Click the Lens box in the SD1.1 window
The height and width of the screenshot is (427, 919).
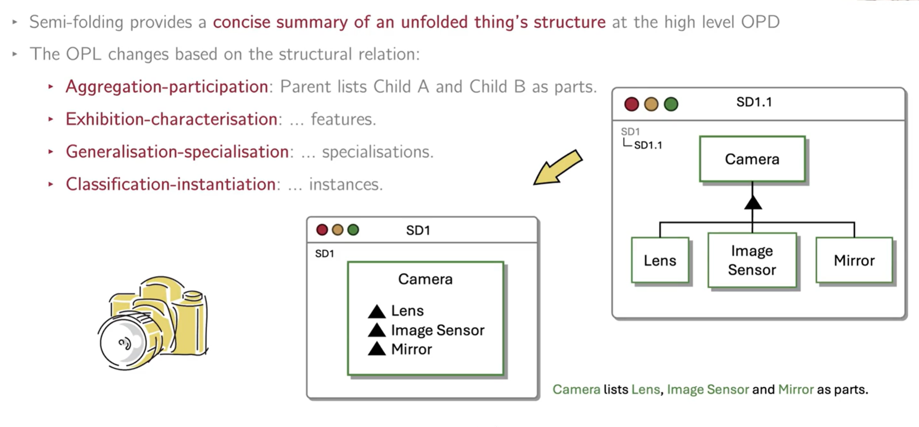coord(660,260)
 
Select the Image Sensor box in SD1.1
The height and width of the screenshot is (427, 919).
coord(752,260)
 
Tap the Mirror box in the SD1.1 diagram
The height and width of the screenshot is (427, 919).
coord(854,260)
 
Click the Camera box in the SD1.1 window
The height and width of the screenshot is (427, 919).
coord(752,159)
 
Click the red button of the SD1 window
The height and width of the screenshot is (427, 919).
coord(322,230)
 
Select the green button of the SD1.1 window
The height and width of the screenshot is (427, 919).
coord(671,104)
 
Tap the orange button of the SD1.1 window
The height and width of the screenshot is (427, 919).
coord(651,104)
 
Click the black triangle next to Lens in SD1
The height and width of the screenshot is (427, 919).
coord(377,311)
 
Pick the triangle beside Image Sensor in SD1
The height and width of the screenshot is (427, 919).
coord(377,330)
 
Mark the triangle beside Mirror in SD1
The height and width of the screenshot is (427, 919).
coord(377,349)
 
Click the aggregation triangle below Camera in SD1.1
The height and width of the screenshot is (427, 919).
coord(753,203)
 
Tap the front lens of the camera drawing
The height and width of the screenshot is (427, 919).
coord(123,342)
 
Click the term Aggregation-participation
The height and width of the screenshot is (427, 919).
coord(167,87)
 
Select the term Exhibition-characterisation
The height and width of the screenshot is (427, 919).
coord(171,119)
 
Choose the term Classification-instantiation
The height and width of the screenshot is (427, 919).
coord(170,184)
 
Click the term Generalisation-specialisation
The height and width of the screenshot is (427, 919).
coord(177,152)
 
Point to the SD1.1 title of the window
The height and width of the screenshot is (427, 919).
coord(754,102)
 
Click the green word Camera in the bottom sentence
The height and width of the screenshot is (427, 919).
coord(576,389)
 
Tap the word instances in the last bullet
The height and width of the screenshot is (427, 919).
coord(345,184)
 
